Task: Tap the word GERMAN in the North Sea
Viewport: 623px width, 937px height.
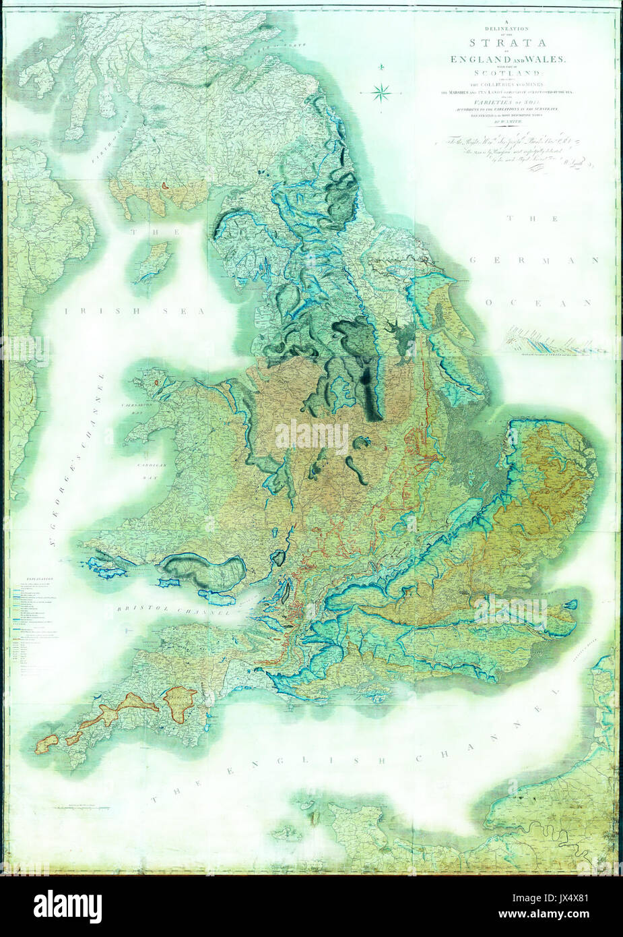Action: coord(534,260)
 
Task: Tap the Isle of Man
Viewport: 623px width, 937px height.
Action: coord(151,263)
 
